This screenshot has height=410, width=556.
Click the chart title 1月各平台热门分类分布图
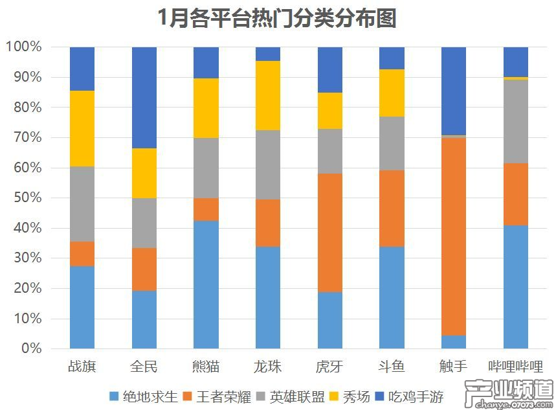pos(278,19)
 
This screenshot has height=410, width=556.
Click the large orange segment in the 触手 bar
pos(454,236)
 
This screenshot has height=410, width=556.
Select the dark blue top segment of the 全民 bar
pos(144,97)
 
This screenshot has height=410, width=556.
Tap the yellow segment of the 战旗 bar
pos(82,128)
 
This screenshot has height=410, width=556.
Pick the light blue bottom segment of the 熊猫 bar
pos(206,285)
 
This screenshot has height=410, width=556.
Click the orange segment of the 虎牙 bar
pos(330,233)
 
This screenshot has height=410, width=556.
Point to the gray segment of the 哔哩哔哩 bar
pos(516,121)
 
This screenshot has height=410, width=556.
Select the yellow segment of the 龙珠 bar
pos(268,96)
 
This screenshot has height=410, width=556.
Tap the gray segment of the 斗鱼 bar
pos(392,143)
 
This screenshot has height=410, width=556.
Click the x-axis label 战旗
pos(82,367)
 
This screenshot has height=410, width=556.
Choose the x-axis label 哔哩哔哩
pos(516,367)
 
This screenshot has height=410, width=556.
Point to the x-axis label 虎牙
pos(330,367)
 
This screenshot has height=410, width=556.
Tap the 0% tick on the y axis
pos(30,349)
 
